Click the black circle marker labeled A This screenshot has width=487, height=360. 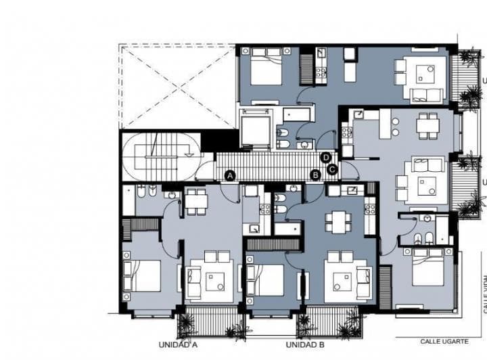[230, 175]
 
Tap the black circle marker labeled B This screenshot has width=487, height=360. [315, 175]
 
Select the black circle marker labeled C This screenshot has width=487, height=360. [332, 169]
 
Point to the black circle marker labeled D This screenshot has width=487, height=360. [326, 158]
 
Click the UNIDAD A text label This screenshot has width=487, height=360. [178, 344]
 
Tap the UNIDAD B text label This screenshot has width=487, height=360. [305, 344]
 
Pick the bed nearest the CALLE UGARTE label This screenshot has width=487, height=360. [427, 268]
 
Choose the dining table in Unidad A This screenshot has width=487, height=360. [196, 200]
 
